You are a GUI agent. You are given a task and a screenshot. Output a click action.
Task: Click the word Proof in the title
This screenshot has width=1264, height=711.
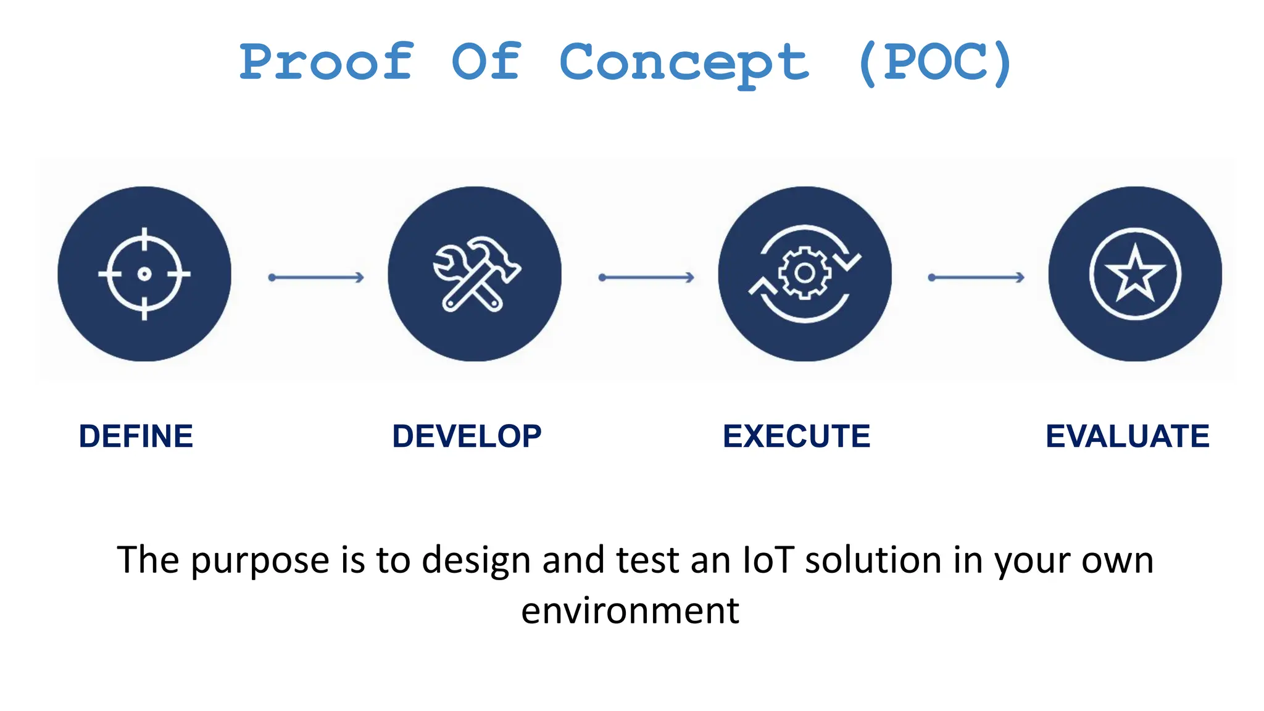click(326, 62)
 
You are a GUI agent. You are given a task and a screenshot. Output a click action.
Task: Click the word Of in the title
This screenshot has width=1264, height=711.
click(486, 62)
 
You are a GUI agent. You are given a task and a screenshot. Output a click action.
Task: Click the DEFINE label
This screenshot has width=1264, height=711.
click(136, 436)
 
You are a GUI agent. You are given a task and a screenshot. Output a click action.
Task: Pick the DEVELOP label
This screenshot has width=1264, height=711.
click(467, 436)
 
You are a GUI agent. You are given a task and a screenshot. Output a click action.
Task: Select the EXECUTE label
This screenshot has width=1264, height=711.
click(796, 436)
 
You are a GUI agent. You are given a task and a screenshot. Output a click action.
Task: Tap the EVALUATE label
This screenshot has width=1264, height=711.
click(1127, 436)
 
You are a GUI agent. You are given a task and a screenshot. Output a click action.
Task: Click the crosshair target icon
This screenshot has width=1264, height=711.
click(144, 273)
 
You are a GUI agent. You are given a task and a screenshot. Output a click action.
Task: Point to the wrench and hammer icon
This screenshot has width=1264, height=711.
click(475, 273)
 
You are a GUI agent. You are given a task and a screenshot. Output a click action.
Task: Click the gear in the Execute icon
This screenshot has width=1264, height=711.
click(804, 273)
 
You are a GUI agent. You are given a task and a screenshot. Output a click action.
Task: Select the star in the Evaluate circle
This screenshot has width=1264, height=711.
click(1134, 273)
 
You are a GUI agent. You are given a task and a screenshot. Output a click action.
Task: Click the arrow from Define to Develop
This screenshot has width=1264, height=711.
click(316, 278)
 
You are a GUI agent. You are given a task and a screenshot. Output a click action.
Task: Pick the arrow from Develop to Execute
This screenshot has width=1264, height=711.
click(646, 278)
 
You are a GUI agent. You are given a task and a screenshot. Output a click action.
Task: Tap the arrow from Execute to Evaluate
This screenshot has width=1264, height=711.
click(976, 278)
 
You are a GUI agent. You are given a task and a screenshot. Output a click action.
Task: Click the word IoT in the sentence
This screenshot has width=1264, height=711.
click(768, 560)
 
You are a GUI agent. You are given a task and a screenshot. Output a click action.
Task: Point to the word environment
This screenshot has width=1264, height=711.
click(630, 610)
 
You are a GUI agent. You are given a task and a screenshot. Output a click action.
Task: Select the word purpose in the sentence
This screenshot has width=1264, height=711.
click(260, 561)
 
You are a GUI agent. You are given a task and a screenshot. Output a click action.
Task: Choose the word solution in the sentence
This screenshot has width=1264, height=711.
click(873, 560)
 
